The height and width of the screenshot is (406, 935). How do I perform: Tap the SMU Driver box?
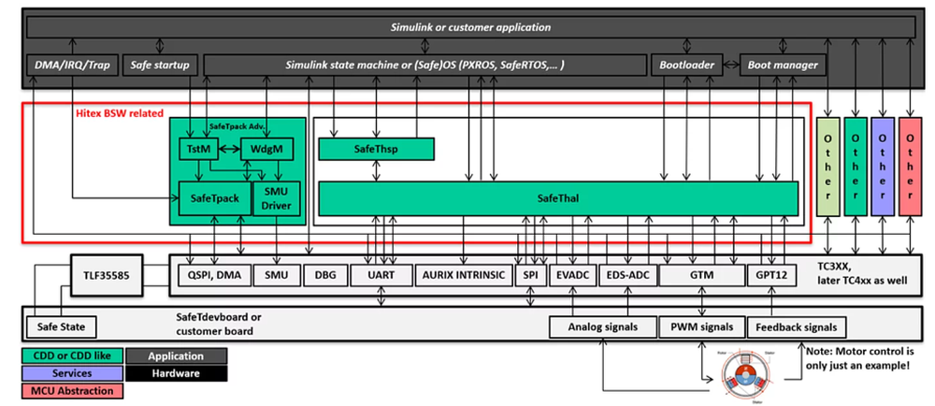tap(277, 197)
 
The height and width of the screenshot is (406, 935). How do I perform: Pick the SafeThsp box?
tap(377, 149)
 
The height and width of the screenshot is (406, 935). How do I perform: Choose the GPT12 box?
tap(772, 275)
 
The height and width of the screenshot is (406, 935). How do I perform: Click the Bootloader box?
tap(687, 65)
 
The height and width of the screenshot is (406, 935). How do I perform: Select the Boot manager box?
tap(783, 65)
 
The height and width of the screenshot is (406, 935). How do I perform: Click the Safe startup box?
tap(160, 65)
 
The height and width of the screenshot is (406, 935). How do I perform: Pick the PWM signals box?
tap(702, 327)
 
